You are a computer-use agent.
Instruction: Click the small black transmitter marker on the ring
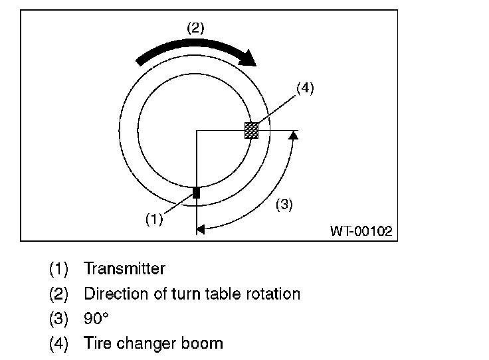(196, 193)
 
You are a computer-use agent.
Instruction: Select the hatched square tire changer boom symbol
(251, 130)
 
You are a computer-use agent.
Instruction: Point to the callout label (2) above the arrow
(195, 28)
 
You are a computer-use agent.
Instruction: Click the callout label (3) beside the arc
(284, 205)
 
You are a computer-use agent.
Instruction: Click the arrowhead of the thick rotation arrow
(248, 58)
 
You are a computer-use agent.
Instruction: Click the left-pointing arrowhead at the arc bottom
(201, 230)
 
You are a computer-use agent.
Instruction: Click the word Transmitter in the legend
(124, 269)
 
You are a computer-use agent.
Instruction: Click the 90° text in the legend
(96, 319)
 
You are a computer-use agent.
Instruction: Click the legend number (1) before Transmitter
(58, 269)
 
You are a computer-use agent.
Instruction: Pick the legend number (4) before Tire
(58, 343)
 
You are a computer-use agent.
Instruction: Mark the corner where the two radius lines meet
(197, 130)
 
